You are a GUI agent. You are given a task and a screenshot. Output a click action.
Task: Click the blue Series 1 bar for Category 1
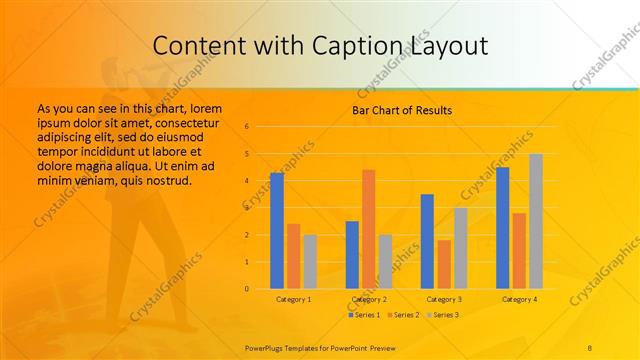[x=277, y=231]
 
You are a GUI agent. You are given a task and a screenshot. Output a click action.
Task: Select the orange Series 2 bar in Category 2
[x=369, y=229]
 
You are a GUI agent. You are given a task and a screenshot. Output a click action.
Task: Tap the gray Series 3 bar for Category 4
[x=536, y=221]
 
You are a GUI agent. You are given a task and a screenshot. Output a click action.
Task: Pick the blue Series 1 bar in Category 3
[x=427, y=241]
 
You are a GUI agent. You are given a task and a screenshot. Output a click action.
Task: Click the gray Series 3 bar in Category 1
[x=310, y=262]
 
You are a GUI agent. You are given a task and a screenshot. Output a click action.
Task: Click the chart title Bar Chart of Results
[x=402, y=110]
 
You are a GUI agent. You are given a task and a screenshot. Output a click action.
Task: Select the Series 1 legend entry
[x=365, y=315]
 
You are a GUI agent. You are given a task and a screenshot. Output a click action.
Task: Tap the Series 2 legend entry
[x=404, y=315]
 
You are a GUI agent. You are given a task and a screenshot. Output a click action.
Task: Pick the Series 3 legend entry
[x=444, y=315]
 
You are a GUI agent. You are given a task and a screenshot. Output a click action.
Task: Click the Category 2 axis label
[x=369, y=299]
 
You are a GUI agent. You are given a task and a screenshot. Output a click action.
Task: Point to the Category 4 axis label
[x=519, y=299]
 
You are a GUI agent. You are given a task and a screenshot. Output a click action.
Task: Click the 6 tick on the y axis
[x=247, y=127]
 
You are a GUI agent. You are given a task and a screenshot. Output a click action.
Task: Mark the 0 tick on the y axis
[x=247, y=289]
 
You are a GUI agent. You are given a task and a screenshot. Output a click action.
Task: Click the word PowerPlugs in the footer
[x=267, y=346]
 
